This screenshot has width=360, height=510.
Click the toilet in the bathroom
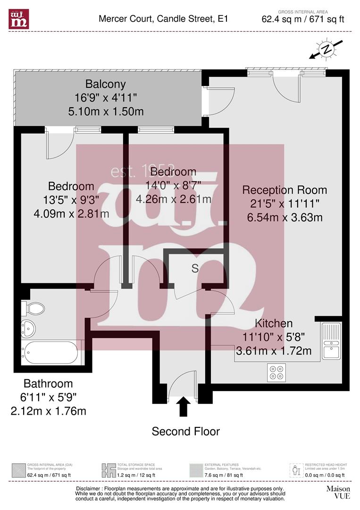click(34, 309)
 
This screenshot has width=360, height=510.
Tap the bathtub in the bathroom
click(50, 352)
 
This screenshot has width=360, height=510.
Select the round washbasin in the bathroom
click(29, 327)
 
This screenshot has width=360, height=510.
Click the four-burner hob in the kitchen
click(276, 372)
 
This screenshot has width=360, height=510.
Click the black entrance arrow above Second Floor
click(184, 406)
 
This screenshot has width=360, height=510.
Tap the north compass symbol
click(326, 49)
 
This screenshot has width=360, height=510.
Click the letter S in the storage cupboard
click(194, 268)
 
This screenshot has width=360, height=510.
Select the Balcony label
click(106, 84)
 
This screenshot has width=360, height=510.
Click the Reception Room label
click(285, 190)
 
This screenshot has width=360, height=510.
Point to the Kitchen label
click(274, 323)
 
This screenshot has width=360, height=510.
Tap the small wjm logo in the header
click(18, 18)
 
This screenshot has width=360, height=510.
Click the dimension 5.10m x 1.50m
click(106, 112)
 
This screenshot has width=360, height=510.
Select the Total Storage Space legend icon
click(109, 470)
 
